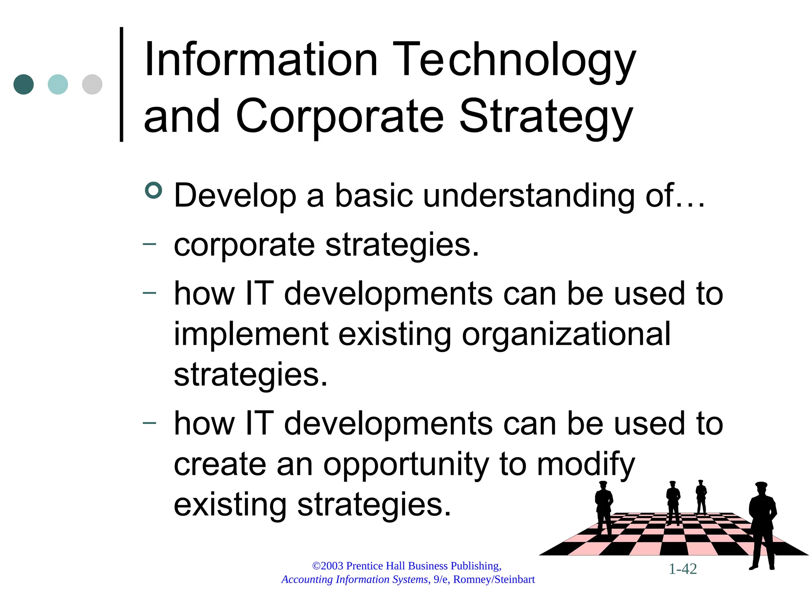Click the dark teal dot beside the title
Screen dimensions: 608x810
pyautogui.click(x=23, y=84)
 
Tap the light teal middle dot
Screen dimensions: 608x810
pyautogui.click(x=58, y=84)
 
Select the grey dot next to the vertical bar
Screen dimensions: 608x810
pyautogui.click(x=92, y=84)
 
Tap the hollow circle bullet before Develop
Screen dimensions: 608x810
pyautogui.click(x=153, y=190)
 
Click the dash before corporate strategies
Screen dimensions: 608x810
pyautogui.click(x=150, y=244)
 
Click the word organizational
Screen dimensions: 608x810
pyautogui.click(x=566, y=334)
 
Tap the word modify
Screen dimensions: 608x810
pyautogui.click(x=585, y=465)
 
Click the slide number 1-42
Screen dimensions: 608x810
pyautogui.click(x=683, y=569)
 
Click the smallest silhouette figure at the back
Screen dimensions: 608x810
pyautogui.click(x=701, y=497)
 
